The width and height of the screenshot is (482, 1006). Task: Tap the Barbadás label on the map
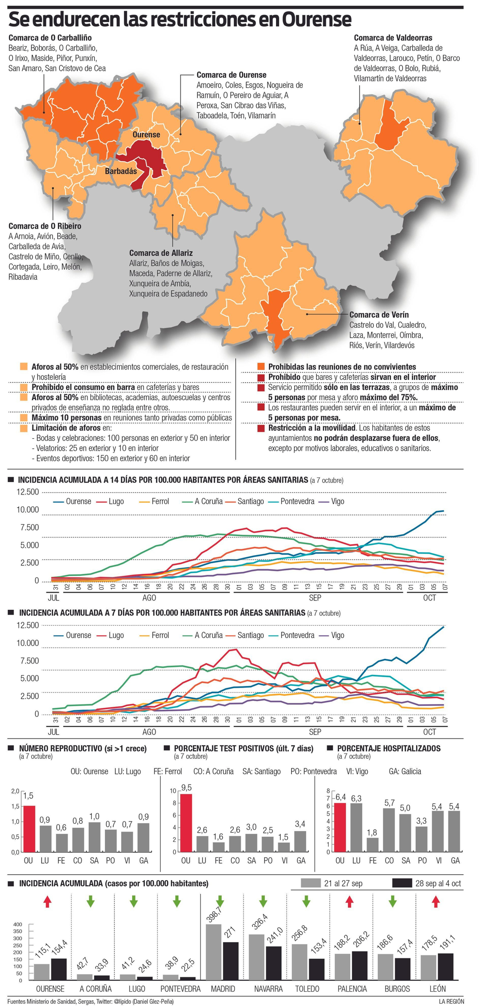click(121, 171)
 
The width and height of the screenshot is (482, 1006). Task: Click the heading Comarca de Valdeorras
click(393, 38)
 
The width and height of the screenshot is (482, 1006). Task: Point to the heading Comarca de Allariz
click(161, 253)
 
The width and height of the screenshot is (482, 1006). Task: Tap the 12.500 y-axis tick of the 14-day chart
click(27, 492)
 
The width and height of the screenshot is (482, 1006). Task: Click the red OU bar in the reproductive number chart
click(29, 828)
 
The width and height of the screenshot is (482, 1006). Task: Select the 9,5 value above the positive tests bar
click(186, 788)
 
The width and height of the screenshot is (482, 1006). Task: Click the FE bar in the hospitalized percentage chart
click(373, 844)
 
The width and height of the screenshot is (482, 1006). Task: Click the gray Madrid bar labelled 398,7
click(213, 952)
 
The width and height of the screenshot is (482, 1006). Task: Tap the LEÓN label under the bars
click(437, 989)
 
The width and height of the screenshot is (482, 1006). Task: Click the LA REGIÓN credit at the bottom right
click(451, 1001)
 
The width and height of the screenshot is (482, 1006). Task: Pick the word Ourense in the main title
click(317, 20)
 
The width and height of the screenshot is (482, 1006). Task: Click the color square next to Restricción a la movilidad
click(261, 428)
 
